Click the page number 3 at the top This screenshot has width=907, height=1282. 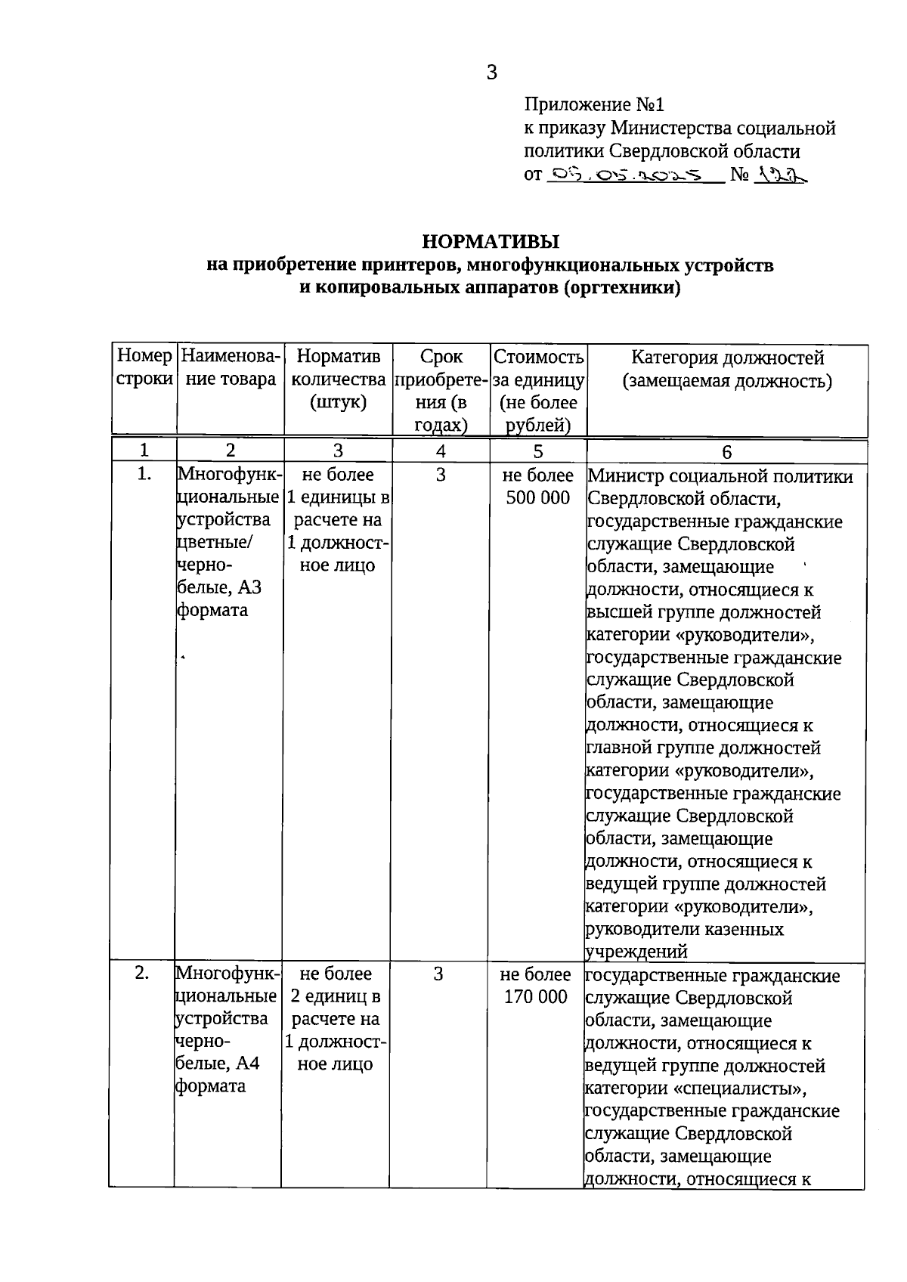pyautogui.click(x=492, y=73)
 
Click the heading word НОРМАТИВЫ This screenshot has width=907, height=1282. pyautogui.click(x=491, y=242)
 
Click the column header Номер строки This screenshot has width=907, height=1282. pyautogui.click(x=144, y=367)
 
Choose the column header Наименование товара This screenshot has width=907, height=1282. pyautogui.click(x=231, y=367)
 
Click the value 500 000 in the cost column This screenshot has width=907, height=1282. pyautogui.click(x=538, y=498)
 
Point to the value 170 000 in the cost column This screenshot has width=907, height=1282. pyautogui.click(x=536, y=997)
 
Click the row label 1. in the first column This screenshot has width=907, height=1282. pyautogui.click(x=144, y=475)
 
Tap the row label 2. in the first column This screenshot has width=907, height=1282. pyautogui.click(x=142, y=974)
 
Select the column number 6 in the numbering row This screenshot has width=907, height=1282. pyautogui.click(x=726, y=452)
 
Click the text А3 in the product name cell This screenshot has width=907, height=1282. pyautogui.click(x=249, y=587)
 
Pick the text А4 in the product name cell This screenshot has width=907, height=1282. pyautogui.click(x=247, y=1064)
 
